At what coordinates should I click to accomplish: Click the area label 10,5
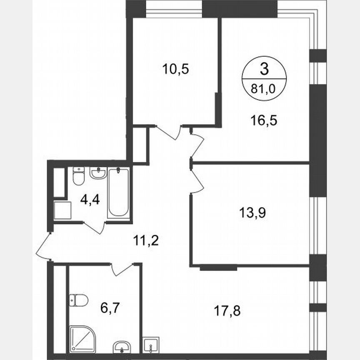175,68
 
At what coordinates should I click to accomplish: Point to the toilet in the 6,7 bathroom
78,299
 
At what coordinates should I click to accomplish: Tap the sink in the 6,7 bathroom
121,346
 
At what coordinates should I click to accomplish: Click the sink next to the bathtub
98,173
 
